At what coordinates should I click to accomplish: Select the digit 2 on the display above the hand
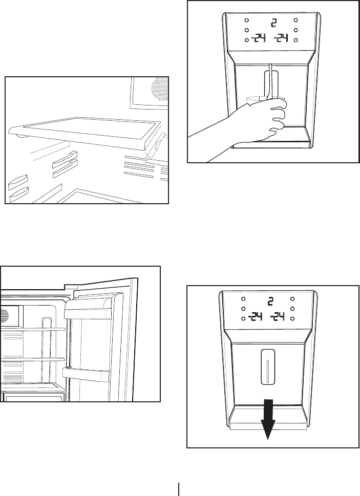point(273,23)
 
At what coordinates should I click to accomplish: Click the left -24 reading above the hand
point(257,38)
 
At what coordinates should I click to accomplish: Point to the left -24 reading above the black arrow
point(255,317)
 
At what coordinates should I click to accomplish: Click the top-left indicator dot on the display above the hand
point(247,21)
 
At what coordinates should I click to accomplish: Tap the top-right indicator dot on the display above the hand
point(296,21)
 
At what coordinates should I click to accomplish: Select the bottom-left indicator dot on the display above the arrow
point(244,318)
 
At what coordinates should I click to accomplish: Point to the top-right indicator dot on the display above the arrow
point(292,299)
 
